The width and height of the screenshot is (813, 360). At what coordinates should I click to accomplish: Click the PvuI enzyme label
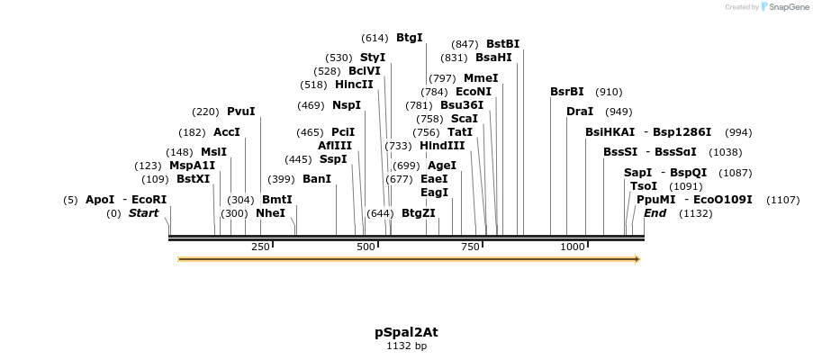[240, 112]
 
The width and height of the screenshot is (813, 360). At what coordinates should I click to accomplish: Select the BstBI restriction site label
[502, 44]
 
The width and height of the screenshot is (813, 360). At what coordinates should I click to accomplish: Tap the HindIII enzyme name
[442, 146]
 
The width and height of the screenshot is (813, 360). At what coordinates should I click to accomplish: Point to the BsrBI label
[567, 92]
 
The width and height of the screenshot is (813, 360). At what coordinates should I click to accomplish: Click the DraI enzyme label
[580, 112]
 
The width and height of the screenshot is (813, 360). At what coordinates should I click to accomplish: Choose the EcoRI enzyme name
[149, 200]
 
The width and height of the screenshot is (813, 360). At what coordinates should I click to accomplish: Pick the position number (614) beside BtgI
[375, 38]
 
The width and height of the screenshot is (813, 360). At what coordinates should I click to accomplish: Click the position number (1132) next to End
[696, 213]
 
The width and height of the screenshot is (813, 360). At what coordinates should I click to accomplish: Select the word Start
[143, 213]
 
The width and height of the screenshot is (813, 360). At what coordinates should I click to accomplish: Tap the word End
[655, 213]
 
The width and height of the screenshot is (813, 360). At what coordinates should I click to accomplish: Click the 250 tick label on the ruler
[260, 247]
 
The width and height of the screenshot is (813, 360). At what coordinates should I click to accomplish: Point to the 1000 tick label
[573, 247]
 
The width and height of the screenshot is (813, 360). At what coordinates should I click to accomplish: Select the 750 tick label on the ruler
[470, 247]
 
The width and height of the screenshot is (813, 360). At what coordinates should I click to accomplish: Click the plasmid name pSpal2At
[406, 332]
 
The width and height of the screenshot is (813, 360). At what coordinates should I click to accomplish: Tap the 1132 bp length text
[406, 346]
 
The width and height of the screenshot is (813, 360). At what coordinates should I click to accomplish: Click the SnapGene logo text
[788, 7]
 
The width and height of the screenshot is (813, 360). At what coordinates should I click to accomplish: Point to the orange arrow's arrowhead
[637, 259]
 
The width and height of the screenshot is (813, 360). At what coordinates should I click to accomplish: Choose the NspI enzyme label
[347, 105]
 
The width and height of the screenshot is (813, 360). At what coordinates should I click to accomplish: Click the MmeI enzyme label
[481, 78]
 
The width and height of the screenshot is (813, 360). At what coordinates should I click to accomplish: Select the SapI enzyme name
[637, 173]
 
